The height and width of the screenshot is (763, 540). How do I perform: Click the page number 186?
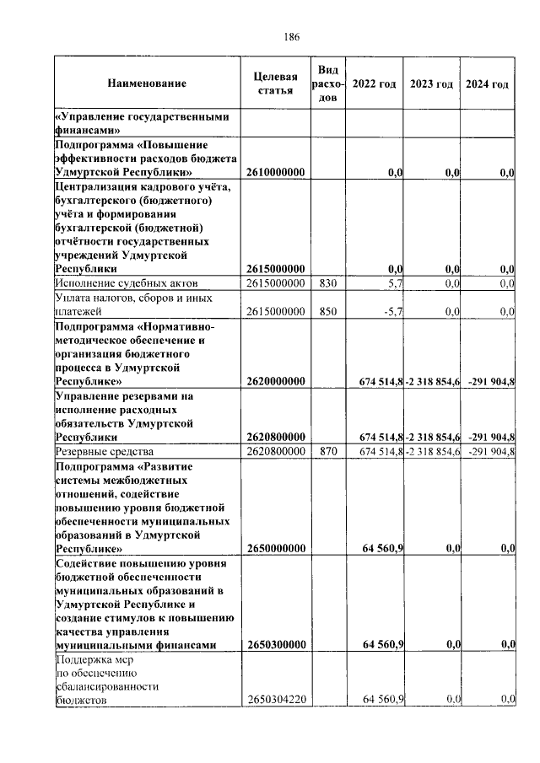click(x=293, y=36)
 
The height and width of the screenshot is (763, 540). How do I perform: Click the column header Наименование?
click(x=147, y=84)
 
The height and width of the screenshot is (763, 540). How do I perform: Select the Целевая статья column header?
click(x=275, y=84)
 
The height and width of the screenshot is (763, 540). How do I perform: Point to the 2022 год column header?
click(x=374, y=84)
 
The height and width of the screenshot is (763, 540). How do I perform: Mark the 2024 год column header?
click(x=487, y=84)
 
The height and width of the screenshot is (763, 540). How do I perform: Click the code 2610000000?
click(x=275, y=173)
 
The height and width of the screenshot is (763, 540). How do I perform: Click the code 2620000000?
click(x=275, y=382)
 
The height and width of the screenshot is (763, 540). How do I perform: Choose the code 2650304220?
click(x=275, y=700)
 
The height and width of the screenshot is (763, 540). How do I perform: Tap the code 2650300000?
click(x=275, y=645)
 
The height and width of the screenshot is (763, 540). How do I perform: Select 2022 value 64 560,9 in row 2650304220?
click(x=383, y=700)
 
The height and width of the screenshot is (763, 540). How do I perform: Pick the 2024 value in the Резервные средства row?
click(x=491, y=453)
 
